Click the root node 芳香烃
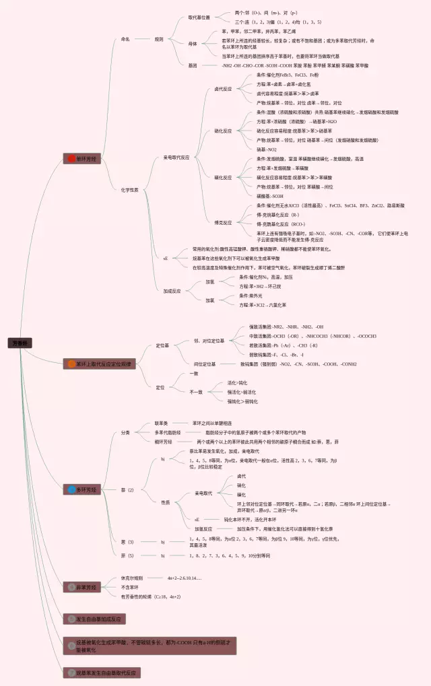point(20,343)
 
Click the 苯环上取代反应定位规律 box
point(100,364)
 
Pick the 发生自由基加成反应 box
point(95,619)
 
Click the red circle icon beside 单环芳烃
point(71,159)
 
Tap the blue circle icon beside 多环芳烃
point(71,489)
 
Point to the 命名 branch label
point(125,39)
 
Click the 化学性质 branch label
point(129,190)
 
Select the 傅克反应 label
point(223,222)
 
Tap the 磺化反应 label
point(223,131)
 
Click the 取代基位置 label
point(199,17)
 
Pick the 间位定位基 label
point(205,364)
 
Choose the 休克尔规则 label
point(131,578)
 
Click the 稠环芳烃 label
point(163,442)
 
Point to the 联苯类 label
point(162,423)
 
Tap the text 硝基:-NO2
point(267,149)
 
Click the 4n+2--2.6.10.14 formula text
point(185,578)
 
